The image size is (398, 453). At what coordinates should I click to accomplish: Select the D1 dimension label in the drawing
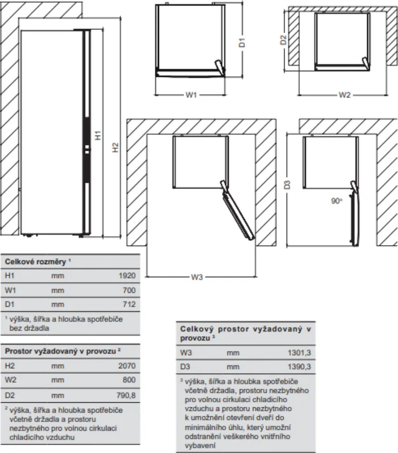(x=243, y=43)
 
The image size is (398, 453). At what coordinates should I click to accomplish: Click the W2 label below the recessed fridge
(x=345, y=95)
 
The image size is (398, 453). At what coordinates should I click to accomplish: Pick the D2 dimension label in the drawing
(x=283, y=40)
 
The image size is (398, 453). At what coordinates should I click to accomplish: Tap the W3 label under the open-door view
(x=196, y=278)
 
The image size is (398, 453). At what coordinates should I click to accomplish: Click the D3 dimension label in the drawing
(x=287, y=185)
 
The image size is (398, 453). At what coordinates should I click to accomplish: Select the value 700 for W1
(x=129, y=290)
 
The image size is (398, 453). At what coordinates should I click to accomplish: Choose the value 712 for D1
(x=129, y=304)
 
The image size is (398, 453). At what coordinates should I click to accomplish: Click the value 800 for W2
(x=129, y=380)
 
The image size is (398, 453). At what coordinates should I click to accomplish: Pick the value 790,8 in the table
(x=126, y=395)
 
